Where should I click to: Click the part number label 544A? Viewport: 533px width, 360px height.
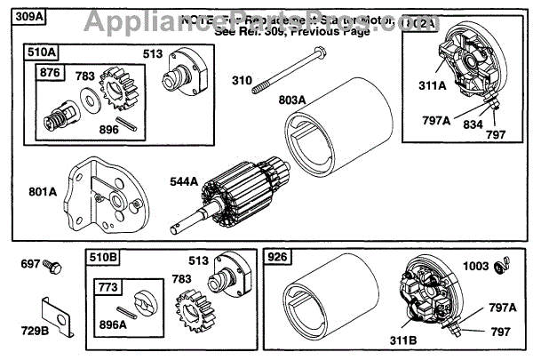coord(184,181)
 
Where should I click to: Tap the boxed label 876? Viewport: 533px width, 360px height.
coord(51,73)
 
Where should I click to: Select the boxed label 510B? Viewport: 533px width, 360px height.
coord(103,258)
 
